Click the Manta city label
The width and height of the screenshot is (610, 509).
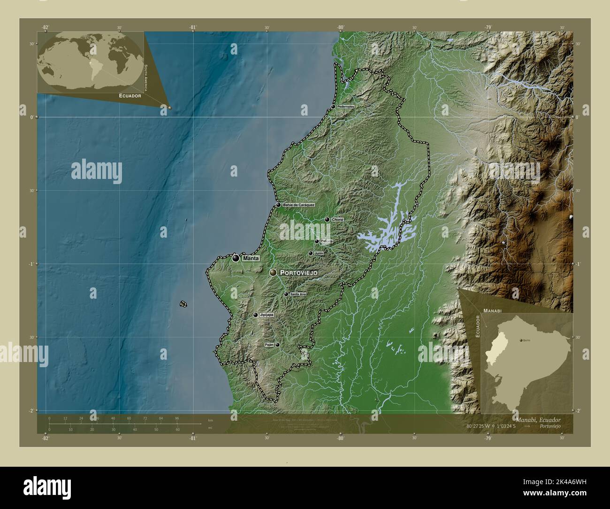(251, 258)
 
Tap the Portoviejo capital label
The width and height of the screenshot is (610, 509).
(299, 272)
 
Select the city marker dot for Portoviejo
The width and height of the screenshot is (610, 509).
(273, 272)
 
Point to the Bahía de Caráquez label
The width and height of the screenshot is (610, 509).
(298, 205)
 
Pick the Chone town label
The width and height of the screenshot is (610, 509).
(338, 219)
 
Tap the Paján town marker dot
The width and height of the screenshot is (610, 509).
(277, 345)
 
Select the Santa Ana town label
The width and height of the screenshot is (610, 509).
(298, 294)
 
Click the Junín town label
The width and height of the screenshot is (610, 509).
(319, 253)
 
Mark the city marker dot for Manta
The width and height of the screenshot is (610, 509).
(236, 258)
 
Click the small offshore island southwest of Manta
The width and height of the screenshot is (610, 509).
(183, 304)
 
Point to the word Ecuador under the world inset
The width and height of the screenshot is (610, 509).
(130, 96)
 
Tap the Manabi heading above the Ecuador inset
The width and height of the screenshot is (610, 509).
(493, 311)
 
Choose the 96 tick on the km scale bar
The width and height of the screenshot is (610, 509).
(177, 418)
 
